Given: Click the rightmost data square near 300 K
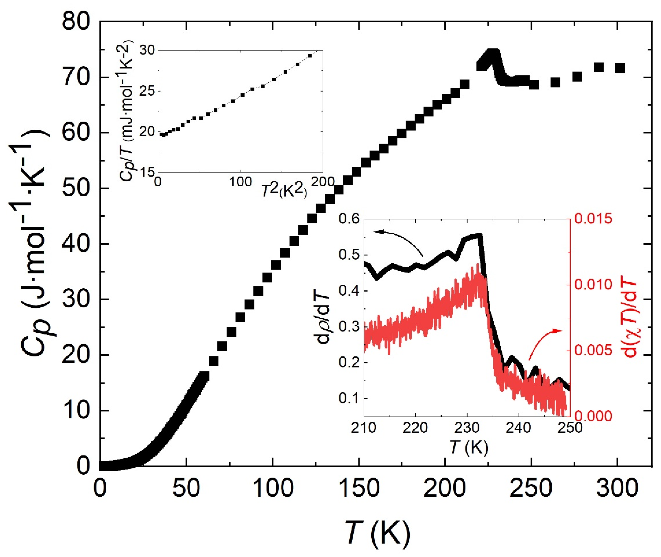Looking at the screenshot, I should [x=620, y=68].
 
